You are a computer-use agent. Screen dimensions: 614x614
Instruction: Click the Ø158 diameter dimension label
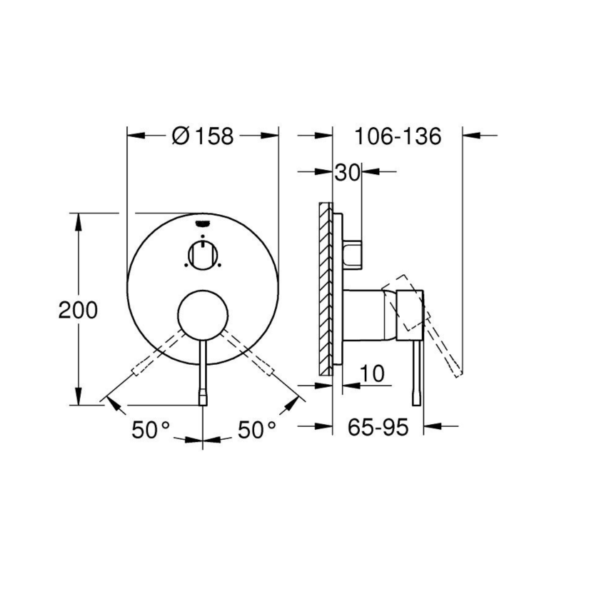[203, 136]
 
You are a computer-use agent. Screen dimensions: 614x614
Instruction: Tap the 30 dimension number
[346, 172]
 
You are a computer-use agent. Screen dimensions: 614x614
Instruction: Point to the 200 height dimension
[78, 310]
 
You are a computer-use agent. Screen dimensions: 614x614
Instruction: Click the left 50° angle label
[150, 430]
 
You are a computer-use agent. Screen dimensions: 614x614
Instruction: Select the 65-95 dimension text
[378, 428]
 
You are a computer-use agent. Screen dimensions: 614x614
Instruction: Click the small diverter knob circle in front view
[203, 254]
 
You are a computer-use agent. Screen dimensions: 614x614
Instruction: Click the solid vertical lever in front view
[203, 371]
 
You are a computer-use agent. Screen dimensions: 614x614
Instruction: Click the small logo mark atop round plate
[202, 223]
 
